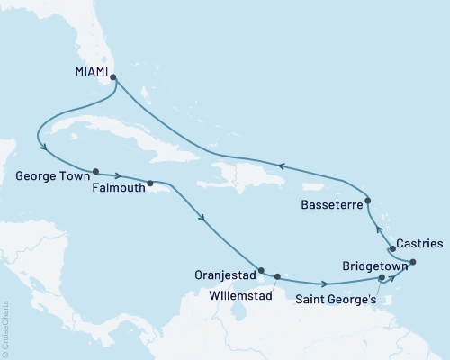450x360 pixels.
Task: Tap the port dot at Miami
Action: tap(113, 77)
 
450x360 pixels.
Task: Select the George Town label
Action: tap(49, 178)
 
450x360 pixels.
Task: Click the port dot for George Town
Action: tap(94, 170)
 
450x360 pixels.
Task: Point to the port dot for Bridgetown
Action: tap(412, 262)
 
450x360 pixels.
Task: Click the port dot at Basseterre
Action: tap(368, 199)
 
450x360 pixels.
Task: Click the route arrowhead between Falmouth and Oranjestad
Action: tap(206, 217)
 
